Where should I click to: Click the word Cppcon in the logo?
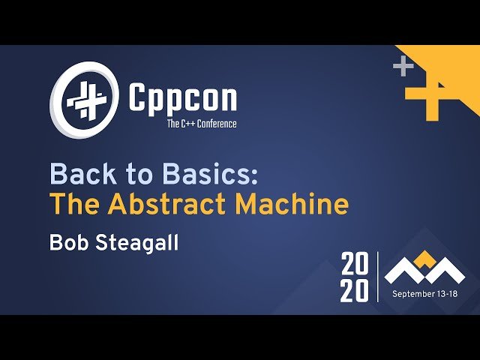[182, 98]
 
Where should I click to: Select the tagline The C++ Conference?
[201, 124]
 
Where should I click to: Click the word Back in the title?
[80, 175]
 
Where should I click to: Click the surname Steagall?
[142, 243]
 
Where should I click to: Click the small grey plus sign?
[403, 66]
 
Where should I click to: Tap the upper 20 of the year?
[355, 265]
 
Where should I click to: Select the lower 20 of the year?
[355, 291]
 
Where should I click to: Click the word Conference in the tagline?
[216, 124]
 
